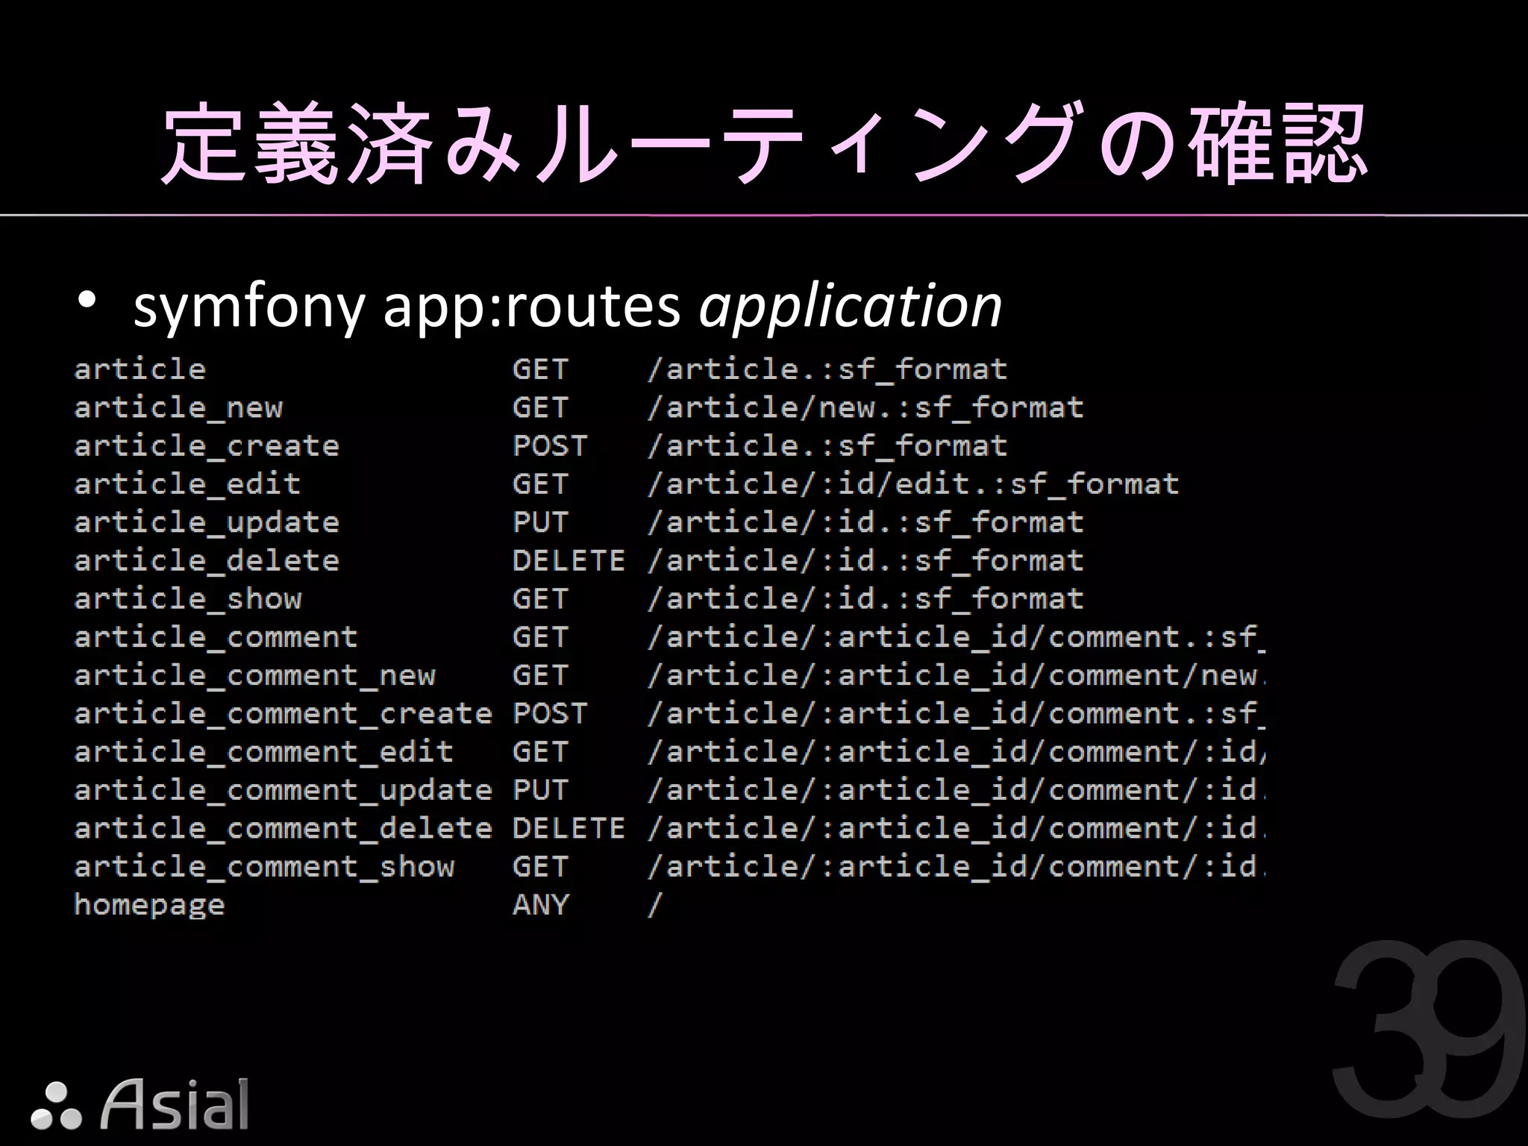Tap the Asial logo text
point(175,1104)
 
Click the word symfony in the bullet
point(248,307)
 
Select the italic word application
point(850,307)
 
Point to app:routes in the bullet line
point(531,307)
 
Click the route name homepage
point(149,905)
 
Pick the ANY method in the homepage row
point(540,905)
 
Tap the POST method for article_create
point(550,446)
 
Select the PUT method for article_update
point(540,522)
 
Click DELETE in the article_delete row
point(569,560)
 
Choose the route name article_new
point(178,408)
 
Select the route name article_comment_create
point(283,714)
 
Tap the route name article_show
point(188,599)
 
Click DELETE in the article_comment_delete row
point(569,828)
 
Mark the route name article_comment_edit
point(264,752)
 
